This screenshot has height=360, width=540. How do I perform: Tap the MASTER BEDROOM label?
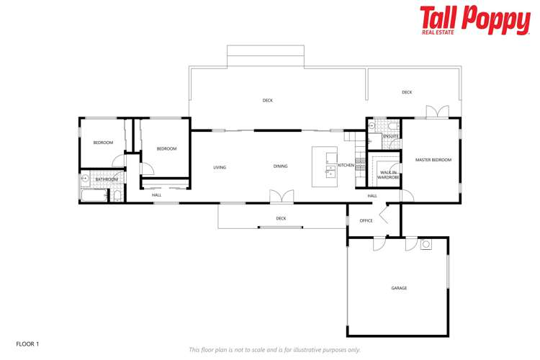point(433,160)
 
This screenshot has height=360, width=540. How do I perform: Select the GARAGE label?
point(399,288)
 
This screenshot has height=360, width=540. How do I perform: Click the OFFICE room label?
point(366,221)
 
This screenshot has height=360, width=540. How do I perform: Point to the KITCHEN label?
point(346,166)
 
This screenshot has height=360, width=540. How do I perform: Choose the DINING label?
point(280,166)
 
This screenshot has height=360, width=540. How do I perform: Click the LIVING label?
point(220,168)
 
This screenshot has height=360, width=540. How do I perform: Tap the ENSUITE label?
point(391,136)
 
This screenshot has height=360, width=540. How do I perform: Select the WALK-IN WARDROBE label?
point(388,174)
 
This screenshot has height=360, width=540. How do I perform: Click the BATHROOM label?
point(107,179)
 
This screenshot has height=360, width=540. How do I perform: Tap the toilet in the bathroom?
point(117,194)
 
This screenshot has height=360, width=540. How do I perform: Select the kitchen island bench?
point(325,166)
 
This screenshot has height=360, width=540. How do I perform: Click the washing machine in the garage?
point(426,244)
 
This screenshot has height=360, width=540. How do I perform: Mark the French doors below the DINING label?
point(281,196)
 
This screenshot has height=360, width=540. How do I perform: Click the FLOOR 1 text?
point(27,344)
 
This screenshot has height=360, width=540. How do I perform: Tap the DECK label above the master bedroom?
point(407,92)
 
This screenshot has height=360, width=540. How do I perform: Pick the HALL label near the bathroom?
point(156,195)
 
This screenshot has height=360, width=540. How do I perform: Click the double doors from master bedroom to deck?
point(437,112)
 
